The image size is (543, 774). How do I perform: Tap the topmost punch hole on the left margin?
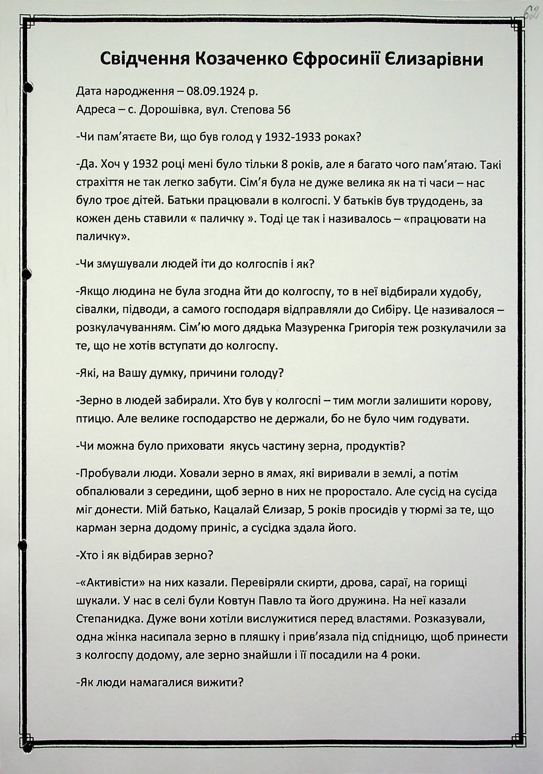pyautogui.click(x=30, y=87)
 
